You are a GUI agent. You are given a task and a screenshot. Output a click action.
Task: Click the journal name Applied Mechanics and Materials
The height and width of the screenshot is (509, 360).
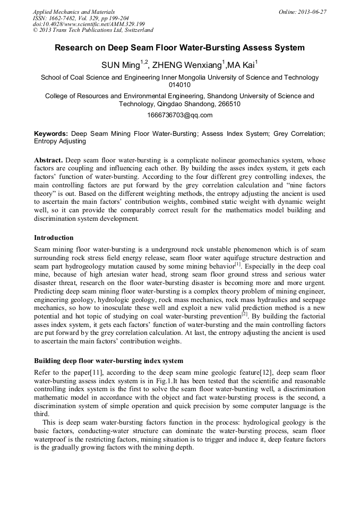[74, 11]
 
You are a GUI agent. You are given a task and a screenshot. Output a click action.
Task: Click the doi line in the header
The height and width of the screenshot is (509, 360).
[89, 24]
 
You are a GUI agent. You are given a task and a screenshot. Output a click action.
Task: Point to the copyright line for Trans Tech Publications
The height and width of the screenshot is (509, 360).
[93, 30]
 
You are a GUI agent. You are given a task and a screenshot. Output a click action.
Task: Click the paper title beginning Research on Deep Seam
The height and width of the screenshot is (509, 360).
[179, 48]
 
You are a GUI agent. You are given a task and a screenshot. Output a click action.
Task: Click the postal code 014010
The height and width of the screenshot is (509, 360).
[179, 85]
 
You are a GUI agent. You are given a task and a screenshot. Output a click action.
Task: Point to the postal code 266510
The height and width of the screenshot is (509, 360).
[228, 104]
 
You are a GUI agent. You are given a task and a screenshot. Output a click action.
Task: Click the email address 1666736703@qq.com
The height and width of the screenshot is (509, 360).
[179, 115]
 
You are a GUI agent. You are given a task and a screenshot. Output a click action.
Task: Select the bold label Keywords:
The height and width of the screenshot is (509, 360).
[51, 134]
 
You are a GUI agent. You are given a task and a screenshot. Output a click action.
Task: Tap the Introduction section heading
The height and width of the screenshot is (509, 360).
[54, 237]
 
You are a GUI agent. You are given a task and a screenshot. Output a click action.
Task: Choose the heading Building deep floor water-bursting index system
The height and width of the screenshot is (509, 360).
[109, 361]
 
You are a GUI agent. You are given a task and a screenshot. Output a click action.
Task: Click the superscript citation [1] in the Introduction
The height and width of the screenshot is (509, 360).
[238, 263]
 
